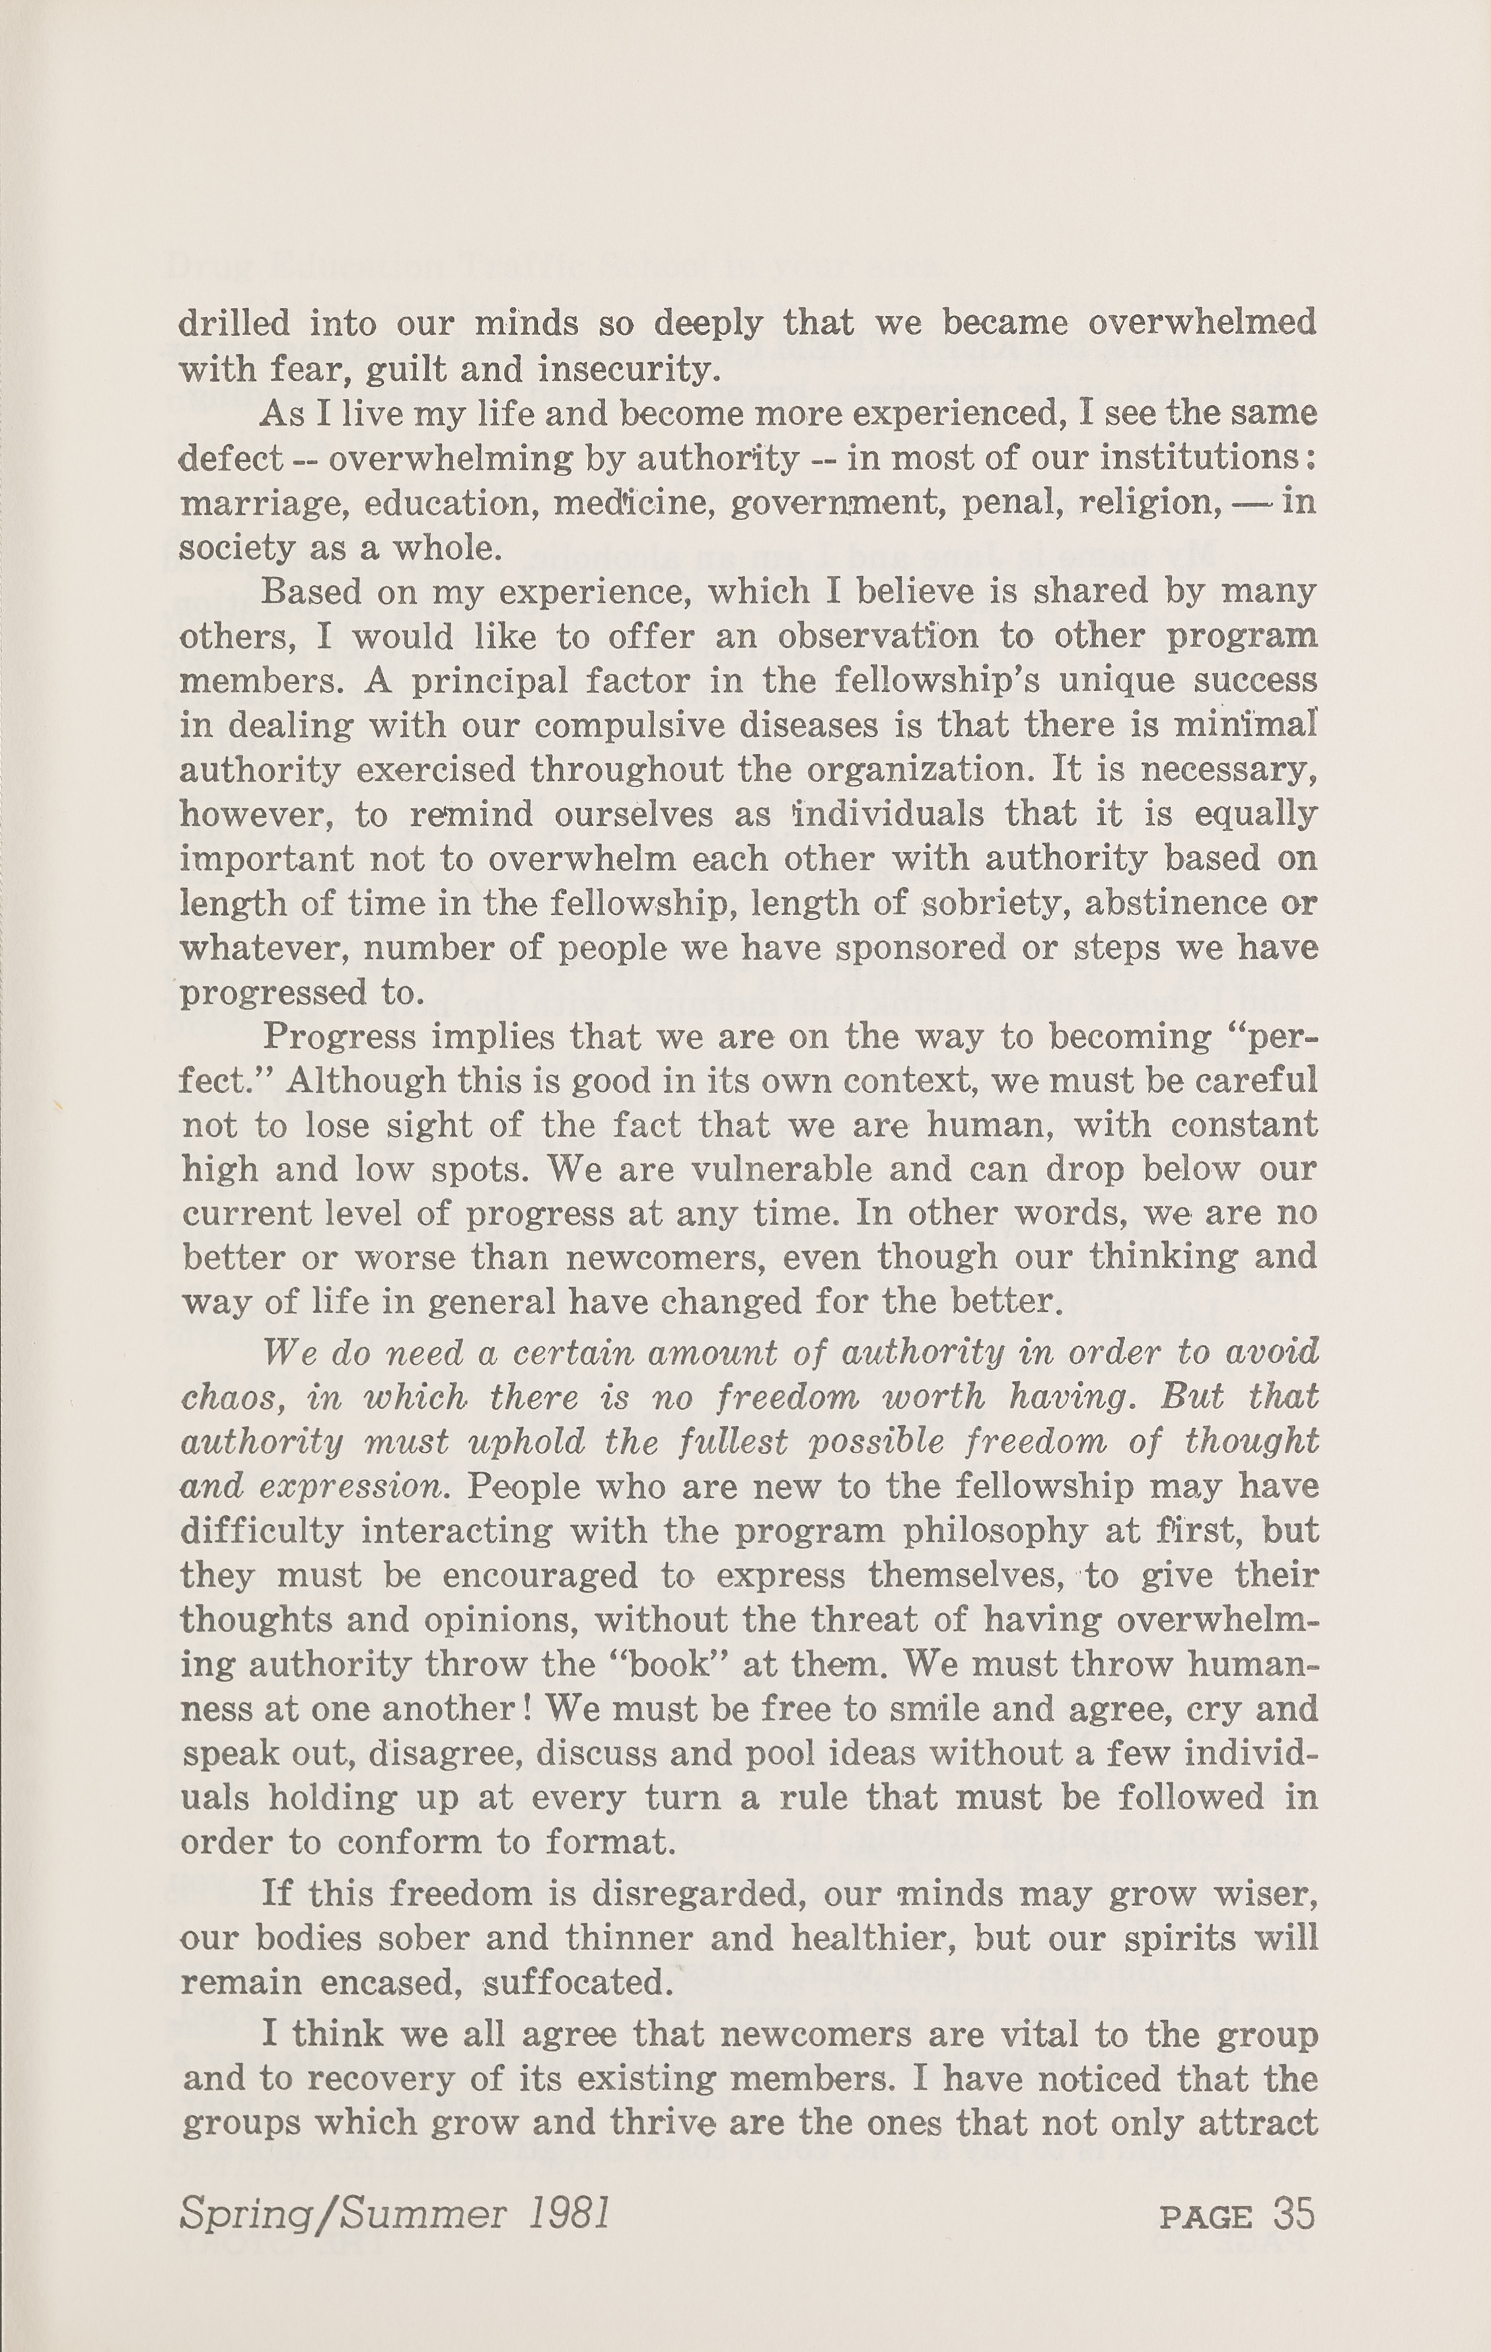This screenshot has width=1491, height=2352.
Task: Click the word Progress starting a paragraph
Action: click(x=338, y=1036)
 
